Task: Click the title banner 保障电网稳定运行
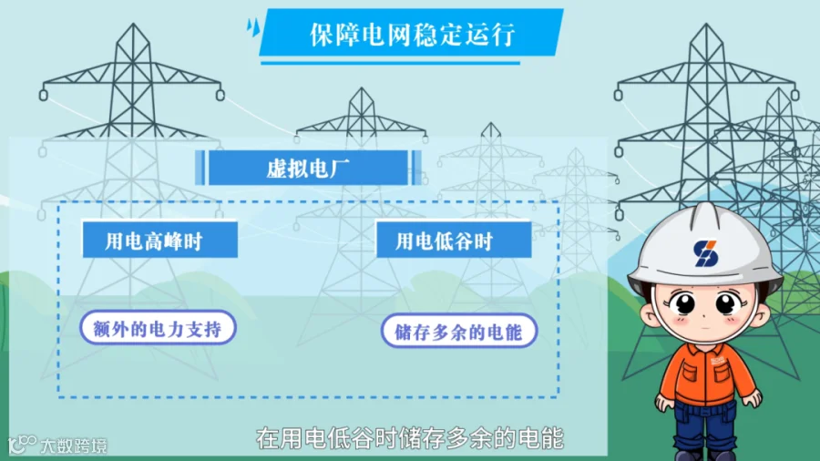tap(412, 33)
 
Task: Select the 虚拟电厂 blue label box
tap(308, 168)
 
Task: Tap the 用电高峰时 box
tap(160, 240)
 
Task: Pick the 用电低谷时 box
tap(454, 240)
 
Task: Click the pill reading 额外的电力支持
tap(158, 328)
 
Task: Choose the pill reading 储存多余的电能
tap(459, 331)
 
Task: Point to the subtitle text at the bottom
tap(409, 438)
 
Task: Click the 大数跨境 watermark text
tap(74, 446)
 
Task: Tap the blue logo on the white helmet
tap(706, 253)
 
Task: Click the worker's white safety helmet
tap(705, 244)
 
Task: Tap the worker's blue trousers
tap(704, 426)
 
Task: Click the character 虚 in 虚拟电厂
tap(277, 169)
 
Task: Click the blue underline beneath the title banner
tap(390, 63)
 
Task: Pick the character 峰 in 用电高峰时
tap(173, 241)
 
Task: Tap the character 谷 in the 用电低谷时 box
tap(464, 241)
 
